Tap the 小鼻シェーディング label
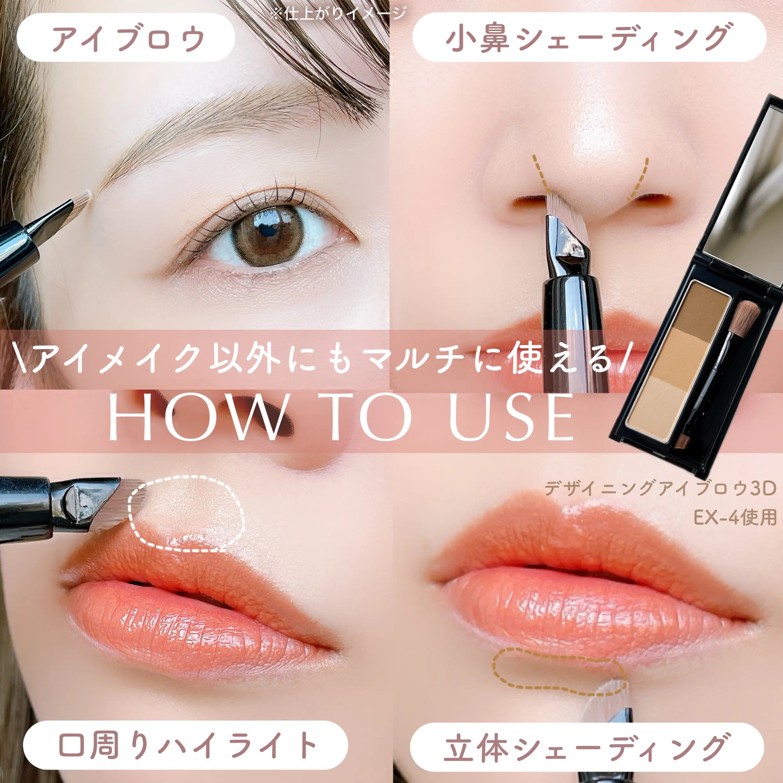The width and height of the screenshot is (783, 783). [x=589, y=38]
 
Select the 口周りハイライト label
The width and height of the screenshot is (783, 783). [x=185, y=745]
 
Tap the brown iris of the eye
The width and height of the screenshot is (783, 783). [x=267, y=235]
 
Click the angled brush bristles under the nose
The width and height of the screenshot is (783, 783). [x=561, y=207]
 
